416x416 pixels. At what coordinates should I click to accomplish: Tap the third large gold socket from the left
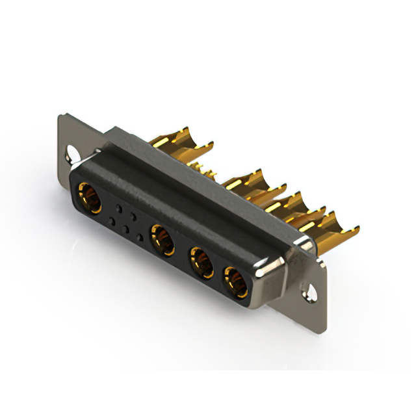[201, 261]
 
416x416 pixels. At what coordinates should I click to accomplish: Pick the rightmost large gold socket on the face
[236, 281]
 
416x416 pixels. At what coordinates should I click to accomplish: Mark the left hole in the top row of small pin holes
[119, 208]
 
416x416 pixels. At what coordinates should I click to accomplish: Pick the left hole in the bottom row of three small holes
[112, 222]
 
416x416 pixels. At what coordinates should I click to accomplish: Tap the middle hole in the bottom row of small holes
[126, 229]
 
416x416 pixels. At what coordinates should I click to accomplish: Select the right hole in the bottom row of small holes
[140, 238]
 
